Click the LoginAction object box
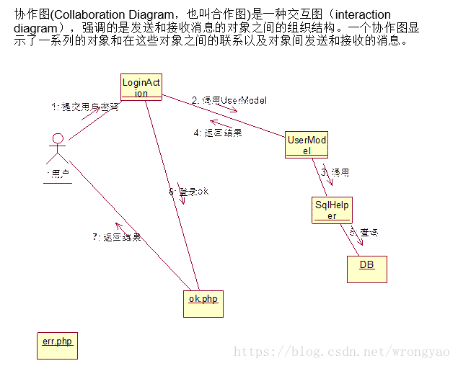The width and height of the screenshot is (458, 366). pos(141,87)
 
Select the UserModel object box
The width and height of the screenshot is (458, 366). pos(307,145)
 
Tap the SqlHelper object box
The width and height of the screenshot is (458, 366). pos(332,210)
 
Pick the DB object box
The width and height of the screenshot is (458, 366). pos(366,269)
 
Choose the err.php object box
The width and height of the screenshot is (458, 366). pos(56,345)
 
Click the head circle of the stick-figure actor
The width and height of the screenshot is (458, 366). pos(58,139)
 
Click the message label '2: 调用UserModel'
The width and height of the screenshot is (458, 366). pos(229,99)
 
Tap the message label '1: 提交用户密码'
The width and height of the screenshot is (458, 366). pos(84,107)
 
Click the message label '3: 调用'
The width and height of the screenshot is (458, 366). pos(335,173)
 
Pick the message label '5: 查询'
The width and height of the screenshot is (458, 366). pos(364,232)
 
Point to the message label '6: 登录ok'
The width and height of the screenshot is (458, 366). pos(188,191)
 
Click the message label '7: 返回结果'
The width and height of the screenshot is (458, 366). pos(116,236)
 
